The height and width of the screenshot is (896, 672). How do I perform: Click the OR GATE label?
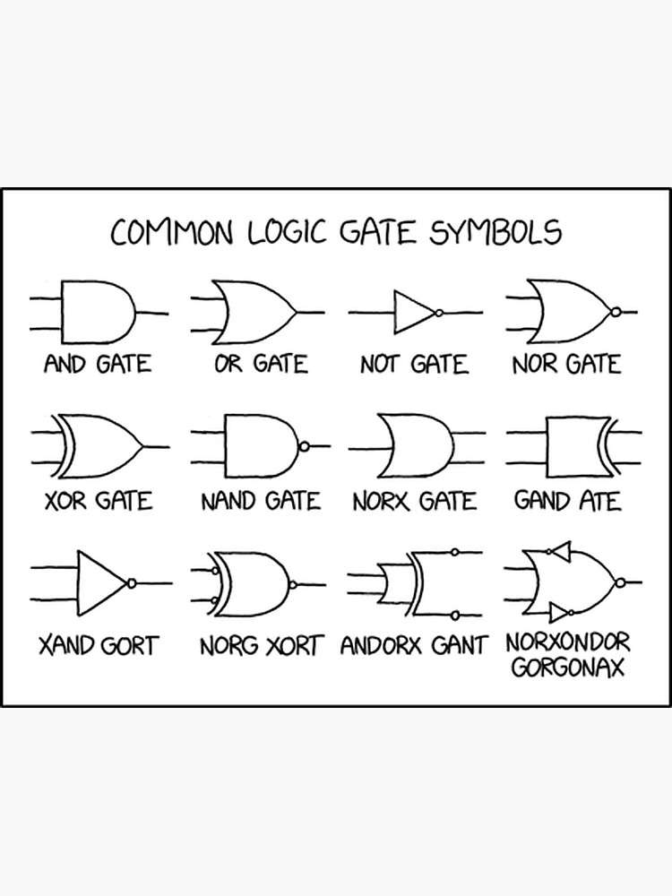[261, 365]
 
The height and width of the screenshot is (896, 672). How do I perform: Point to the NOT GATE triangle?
[413, 313]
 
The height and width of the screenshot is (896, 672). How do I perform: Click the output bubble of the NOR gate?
[616, 313]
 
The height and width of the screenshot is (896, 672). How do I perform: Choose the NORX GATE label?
[414, 500]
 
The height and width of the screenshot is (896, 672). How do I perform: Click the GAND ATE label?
[567, 500]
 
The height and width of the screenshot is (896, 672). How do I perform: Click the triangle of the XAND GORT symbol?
[102, 582]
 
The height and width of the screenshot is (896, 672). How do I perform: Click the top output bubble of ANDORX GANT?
[455, 552]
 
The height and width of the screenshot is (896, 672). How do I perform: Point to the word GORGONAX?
[567, 668]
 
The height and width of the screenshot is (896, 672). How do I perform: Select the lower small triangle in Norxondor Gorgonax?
[558, 613]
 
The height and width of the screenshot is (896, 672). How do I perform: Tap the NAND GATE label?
[260, 500]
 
